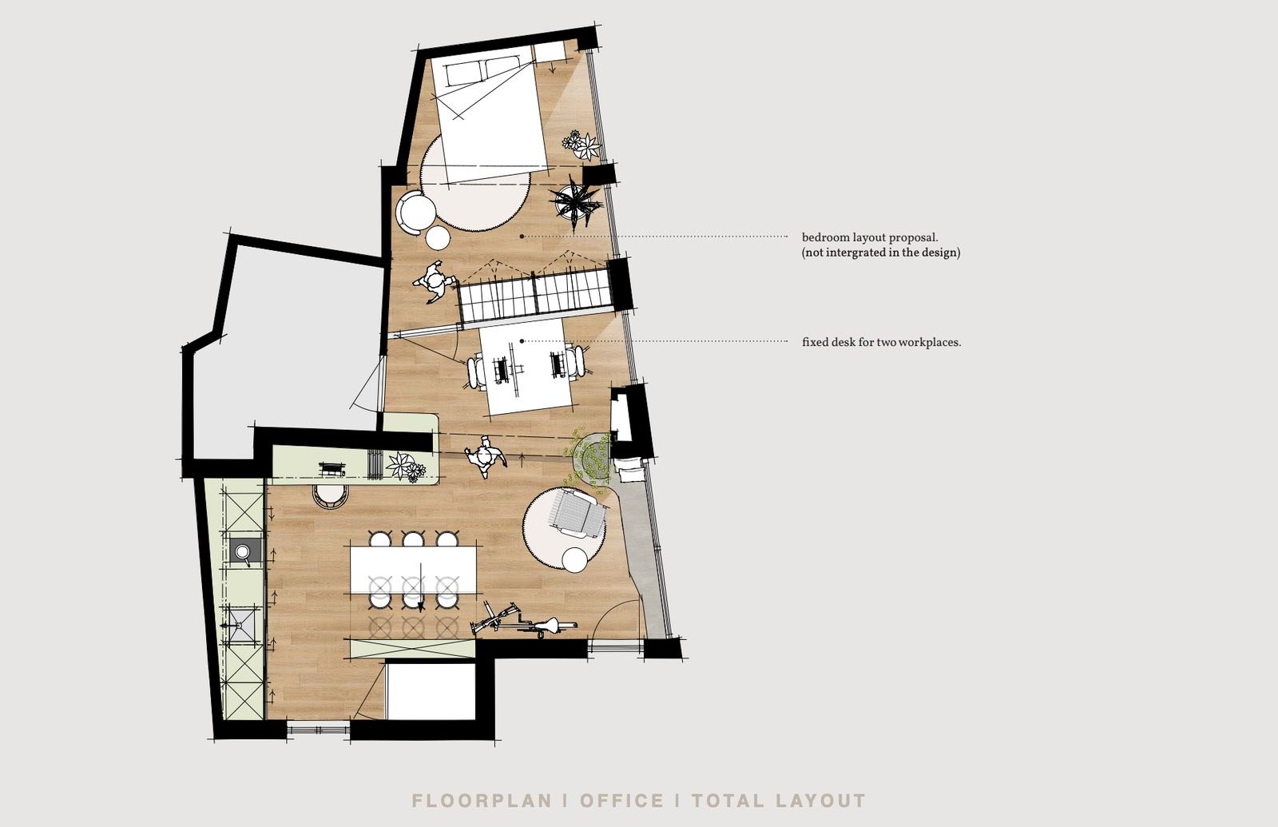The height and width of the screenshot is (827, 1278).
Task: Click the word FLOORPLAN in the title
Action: (x=482, y=800)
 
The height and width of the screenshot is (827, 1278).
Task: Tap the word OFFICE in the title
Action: (x=622, y=800)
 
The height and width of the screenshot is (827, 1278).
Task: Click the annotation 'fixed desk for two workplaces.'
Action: (x=882, y=343)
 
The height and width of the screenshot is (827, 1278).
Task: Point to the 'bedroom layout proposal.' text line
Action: (x=870, y=237)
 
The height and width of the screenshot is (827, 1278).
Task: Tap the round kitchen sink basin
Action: (x=243, y=551)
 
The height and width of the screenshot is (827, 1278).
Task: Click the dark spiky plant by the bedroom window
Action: (x=574, y=204)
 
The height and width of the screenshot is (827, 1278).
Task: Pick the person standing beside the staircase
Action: (x=435, y=283)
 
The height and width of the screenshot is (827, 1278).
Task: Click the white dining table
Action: (x=414, y=571)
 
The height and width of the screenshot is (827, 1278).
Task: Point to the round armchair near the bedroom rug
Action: (x=416, y=212)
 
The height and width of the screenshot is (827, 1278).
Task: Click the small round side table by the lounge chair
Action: (x=574, y=560)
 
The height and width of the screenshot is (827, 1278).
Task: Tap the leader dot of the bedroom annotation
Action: (x=522, y=236)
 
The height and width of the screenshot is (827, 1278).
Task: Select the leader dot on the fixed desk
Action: (x=522, y=341)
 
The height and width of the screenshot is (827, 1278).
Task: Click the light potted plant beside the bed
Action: (x=582, y=145)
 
